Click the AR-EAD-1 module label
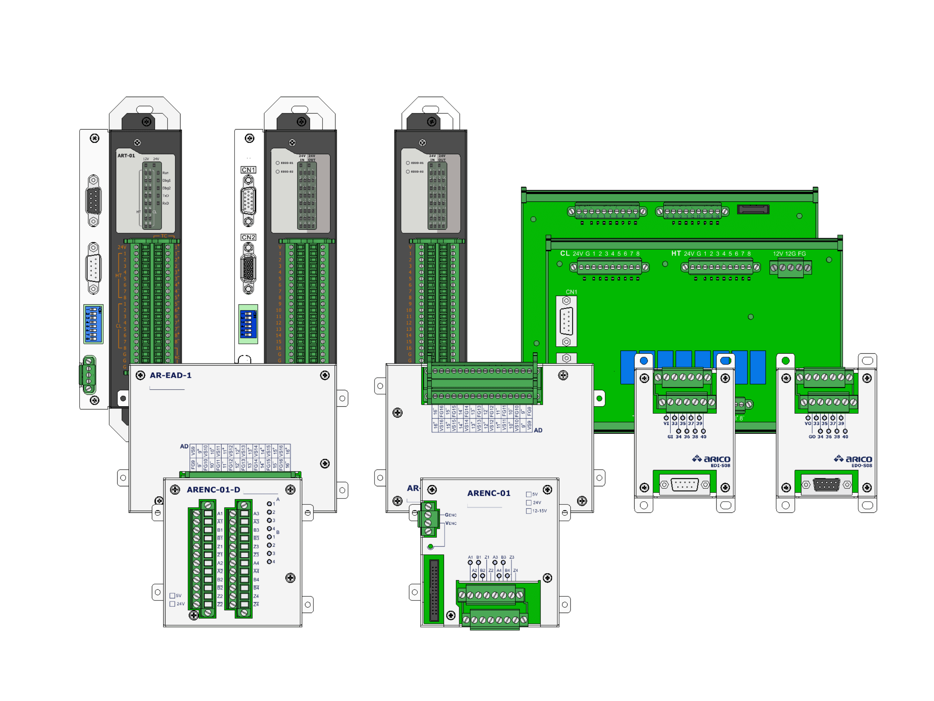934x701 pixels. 171,375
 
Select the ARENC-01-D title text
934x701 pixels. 213,490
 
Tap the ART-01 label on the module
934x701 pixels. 126,156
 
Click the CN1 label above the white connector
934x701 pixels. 248,170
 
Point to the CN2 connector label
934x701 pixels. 248,237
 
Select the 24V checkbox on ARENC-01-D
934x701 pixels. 172,604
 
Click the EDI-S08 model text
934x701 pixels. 720,466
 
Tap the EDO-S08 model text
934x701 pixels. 861,466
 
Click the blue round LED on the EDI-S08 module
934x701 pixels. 644,361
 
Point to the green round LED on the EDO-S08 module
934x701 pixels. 785,361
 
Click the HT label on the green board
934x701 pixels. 676,253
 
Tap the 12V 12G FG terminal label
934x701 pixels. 789,254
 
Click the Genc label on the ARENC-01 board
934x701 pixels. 451,515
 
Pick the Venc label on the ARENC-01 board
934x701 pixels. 451,524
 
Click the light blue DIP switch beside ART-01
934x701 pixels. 93,324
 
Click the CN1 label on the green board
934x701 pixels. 571,292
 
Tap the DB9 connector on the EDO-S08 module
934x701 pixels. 826,485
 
